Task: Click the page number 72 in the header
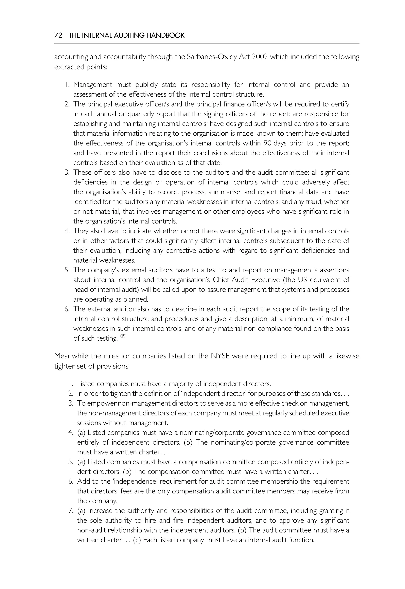tap(58, 36)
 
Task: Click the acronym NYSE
tap(220, 356)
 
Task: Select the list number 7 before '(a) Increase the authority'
tap(71, 511)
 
